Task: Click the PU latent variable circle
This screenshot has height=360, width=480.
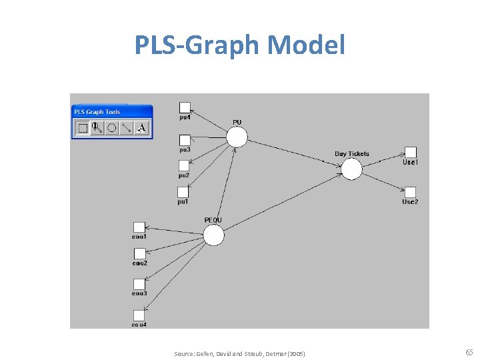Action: tap(236, 137)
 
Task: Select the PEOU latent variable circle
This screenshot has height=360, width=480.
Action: tap(213, 235)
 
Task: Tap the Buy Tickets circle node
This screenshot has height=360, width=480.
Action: tap(351, 169)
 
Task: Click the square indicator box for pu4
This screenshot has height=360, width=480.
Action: tap(185, 107)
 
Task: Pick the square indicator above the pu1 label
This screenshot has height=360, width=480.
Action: tap(183, 192)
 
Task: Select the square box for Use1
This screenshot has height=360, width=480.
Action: tap(411, 152)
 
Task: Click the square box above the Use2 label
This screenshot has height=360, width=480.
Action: tap(411, 192)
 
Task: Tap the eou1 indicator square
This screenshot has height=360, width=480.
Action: tap(139, 227)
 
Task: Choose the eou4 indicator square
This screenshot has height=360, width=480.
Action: tap(139, 315)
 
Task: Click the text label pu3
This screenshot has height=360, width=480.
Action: tap(184, 149)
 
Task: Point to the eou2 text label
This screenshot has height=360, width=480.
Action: tap(139, 263)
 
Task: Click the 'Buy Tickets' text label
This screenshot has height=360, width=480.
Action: tap(351, 154)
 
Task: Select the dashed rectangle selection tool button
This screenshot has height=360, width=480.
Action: tap(83, 128)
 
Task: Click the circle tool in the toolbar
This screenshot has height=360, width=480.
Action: tap(112, 128)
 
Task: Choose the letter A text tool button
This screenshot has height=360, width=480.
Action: tap(141, 128)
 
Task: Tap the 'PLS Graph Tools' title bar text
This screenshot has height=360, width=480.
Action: tap(97, 112)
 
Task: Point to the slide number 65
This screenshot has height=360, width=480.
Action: tap(469, 352)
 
